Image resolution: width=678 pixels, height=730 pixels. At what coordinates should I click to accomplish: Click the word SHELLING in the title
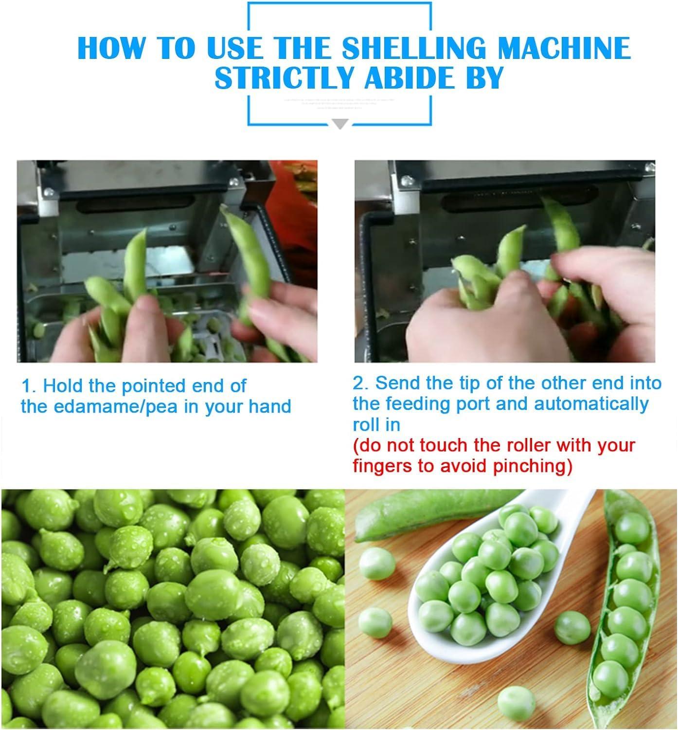pos(413,48)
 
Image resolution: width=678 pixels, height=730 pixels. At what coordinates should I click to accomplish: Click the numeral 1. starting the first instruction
pos(29,386)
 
